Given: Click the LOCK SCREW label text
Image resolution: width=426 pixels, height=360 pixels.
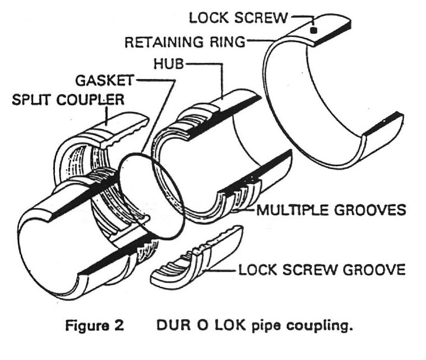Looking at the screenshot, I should click(x=238, y=17).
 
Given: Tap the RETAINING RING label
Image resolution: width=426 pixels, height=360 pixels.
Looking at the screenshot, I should click(x=184, y=42).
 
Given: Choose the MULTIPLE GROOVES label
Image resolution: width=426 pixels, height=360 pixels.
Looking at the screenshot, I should click(x=330, y=211).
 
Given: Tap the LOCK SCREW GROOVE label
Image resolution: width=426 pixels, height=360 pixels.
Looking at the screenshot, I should click(x=322, y=270).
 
